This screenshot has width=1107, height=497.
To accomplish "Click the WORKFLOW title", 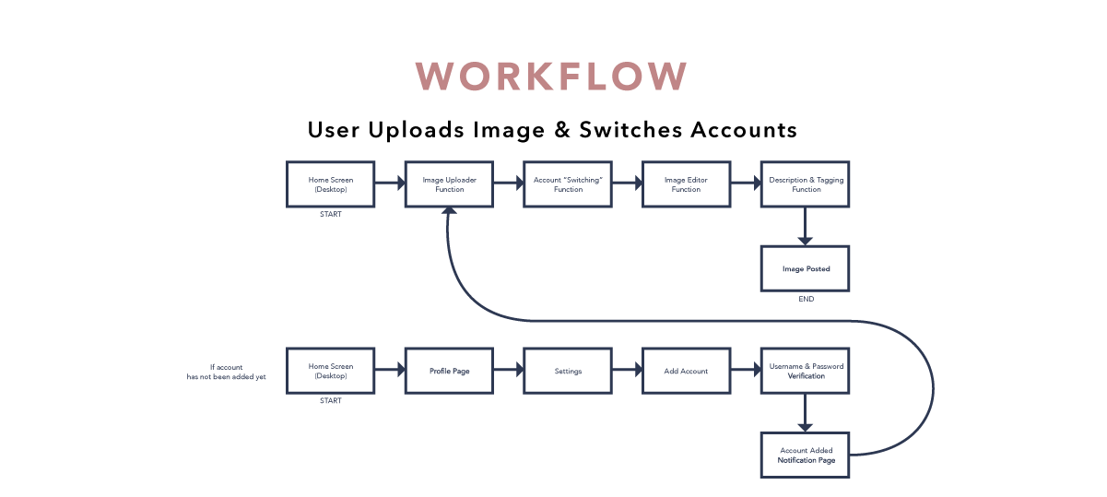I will [552, 77].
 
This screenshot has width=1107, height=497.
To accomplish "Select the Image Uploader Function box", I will [449, 184].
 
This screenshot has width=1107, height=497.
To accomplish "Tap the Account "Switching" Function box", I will [568, 184].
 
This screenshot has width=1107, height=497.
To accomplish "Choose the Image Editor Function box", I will [686, 184].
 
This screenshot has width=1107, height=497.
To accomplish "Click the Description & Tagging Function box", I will [805, 184].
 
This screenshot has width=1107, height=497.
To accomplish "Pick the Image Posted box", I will [805, 268].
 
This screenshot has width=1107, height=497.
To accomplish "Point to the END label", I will [806, 300].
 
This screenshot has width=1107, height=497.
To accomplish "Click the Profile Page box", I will [449, 371].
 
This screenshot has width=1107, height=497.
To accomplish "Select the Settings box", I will [568, 371].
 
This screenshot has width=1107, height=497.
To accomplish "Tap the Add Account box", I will [686, 371].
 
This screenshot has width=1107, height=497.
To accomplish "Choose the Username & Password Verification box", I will [805, 371].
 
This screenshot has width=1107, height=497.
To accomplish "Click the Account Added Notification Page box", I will [805, 455].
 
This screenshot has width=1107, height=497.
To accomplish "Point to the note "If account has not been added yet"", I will [226, 372].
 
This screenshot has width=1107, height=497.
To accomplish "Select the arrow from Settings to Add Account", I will [627, 371].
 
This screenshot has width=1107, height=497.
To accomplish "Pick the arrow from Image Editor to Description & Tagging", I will [745, 184].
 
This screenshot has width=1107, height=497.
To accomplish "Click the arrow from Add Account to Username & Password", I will [745, 371].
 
